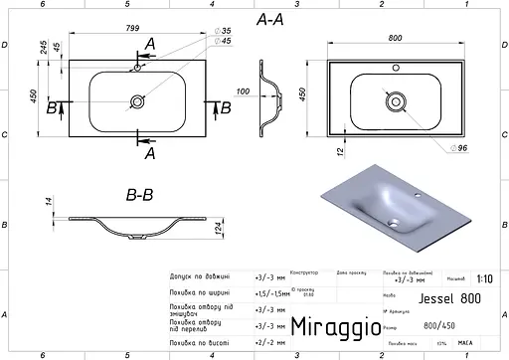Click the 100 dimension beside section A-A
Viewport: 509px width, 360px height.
coord(242,92)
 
